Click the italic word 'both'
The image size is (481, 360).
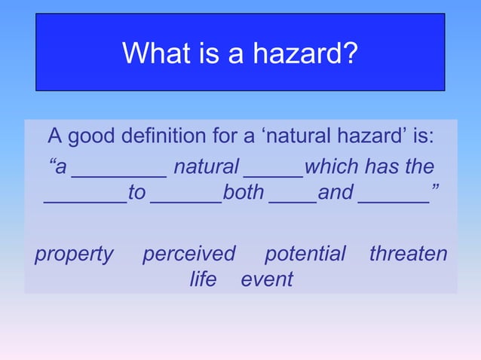(244, 193)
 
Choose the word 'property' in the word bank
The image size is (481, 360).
(74, 254)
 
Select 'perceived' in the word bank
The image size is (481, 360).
(189, 254)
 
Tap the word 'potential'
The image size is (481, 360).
(305, 254)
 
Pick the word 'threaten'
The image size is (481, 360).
(408, 254)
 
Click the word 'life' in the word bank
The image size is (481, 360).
(203, 279)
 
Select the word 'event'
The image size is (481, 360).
(267, 279)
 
